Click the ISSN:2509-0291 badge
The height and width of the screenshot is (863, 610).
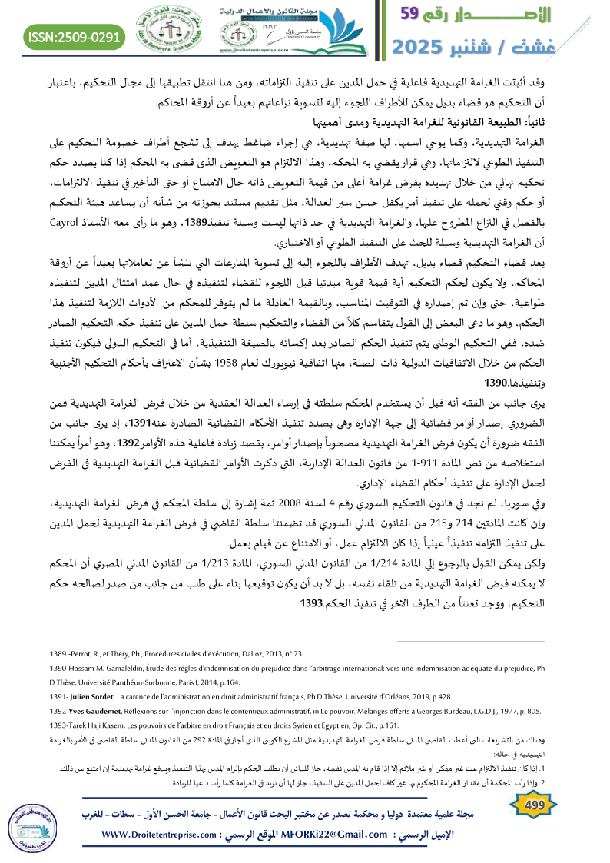click(x=75, y=35)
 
